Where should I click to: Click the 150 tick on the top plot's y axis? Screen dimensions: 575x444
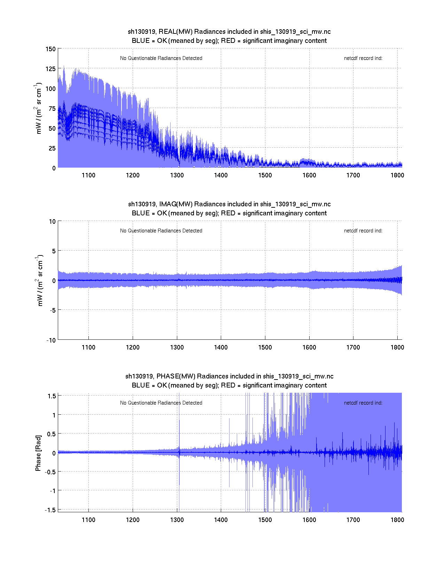tap(50, 49)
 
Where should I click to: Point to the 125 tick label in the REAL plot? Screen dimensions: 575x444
tap(50, 69)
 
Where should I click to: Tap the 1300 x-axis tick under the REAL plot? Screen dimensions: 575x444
tap(177, 175)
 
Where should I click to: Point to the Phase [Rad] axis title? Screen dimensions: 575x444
tap(38, 453)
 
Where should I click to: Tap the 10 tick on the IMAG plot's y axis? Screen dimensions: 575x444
tap(52, 221)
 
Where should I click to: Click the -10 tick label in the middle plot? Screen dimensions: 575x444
tap(51, 340)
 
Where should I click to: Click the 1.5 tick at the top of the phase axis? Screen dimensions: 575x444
tap(52, 396)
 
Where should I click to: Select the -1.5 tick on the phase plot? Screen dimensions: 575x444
tap(50, 510)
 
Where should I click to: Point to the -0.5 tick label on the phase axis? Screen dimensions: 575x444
tap(50, 472)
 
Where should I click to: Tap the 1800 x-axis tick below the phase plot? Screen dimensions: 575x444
tap(397, 520)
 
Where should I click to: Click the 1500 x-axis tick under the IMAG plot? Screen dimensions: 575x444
tap(265, 347)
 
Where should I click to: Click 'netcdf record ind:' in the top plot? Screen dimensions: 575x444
tap(363, 58)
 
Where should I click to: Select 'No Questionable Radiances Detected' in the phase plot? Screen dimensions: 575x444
tap(161, 403)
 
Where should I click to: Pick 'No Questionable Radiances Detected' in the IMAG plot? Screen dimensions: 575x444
tap(161, 231)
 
